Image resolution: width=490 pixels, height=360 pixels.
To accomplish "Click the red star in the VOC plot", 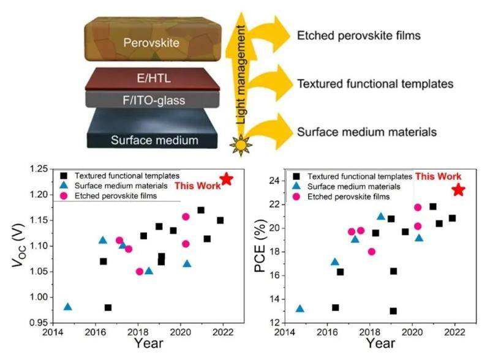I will pyautogui.click(x=227, y=179).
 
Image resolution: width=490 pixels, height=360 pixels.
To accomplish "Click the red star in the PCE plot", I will pyautogui.click(x=458, y=190).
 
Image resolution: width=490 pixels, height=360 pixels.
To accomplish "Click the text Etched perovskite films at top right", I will pyautogui.click(x=358, y=35).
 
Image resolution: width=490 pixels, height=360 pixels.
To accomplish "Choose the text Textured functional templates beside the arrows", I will pyautogui.click(x=371, y=83).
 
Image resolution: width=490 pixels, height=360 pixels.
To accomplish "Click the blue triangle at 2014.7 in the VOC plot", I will pyautogui.click(x=67, y=307).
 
